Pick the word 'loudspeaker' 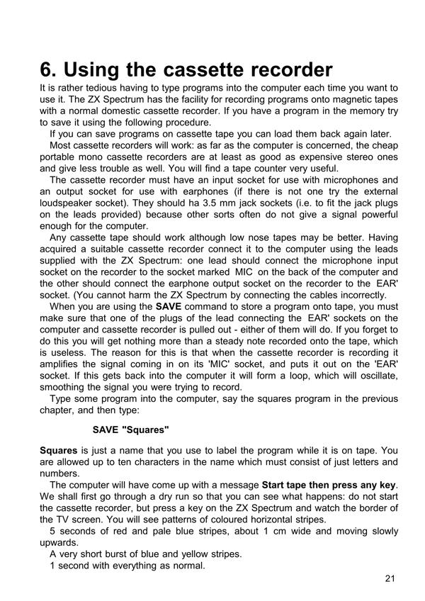(x=70, y=203)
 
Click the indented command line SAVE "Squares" (x=131, y=429)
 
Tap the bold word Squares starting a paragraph (x=59, y=451)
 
